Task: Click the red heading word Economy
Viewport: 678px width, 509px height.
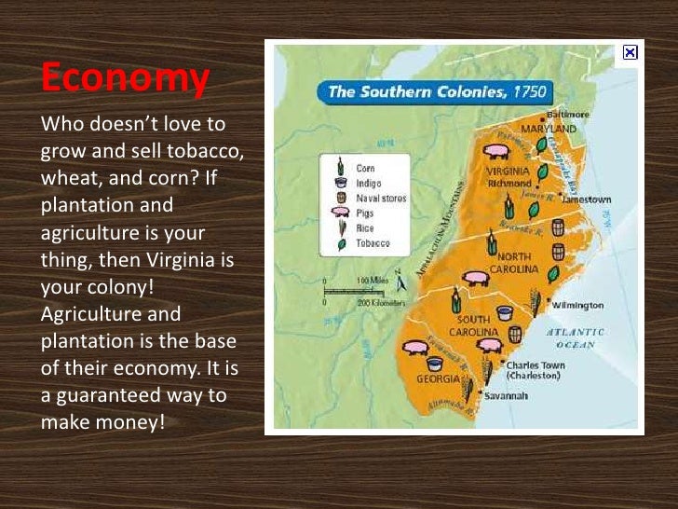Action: (x=124, y=78)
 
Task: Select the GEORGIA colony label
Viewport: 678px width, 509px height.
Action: (x=438, y=379)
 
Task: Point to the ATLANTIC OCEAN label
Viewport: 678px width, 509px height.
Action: (x=575, y=337)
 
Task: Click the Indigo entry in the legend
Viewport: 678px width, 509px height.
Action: (x=369, y=184)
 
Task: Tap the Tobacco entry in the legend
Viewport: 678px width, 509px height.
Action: (x=373, y=242)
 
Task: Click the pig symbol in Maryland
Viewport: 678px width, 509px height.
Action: (x=497, y=149)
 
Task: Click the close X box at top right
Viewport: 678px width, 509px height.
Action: (x=631, y=53)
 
